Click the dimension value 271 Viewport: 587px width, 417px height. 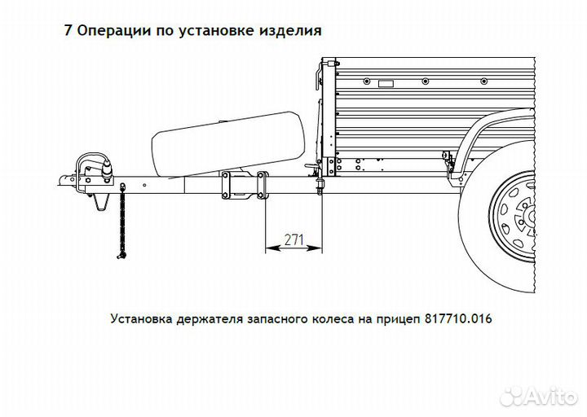pyautogui.click(x=293, y=239)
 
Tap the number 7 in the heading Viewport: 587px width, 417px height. pyautogui.click(x=68, y=30)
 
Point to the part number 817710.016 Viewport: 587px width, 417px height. pyautogui.click(x=458, y=318)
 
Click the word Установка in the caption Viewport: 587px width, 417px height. pyautogui.click(x=140, y=318)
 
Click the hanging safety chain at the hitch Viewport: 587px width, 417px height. pyautogui.click(x=121, y=220)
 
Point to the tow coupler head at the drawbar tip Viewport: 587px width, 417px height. pyautogui.click(x=70, y=177)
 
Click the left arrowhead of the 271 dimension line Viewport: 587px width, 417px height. pyautogui.click(x=270, y=248)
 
